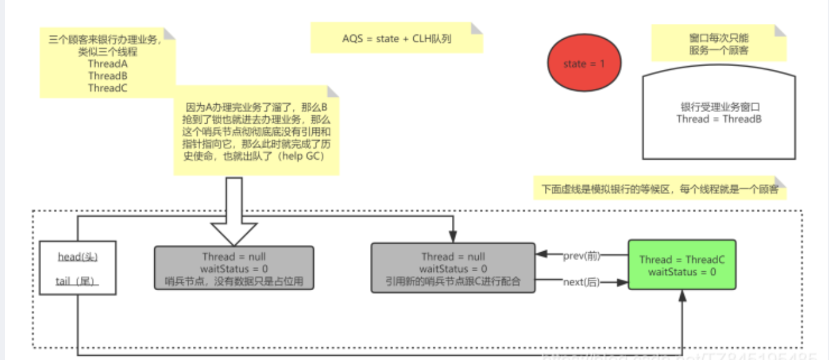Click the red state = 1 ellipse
pyautogui.click(x=584, y=63)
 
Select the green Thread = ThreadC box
pyautogui.click(x=681, y=265)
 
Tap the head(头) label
pyautogui.click(x=78, y=257)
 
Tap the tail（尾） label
pyautogui.click(x=78, y=281)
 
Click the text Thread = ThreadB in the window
pyautogui.click(x=719, y=119)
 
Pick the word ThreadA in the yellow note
pyautogui.click(x=107, y=64)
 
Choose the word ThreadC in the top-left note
pyautogui.click(x=107, y=88)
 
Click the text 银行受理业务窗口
pyautogui.click(x=719, y=107)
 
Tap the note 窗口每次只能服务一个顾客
pyautogui.click(x=719, y=43)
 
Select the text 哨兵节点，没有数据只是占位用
pyautogui.click(x=234, y=282)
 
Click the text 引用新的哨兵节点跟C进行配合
pyautogui.click(x=453, y=282)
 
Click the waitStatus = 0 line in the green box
pyautogui.click(x=681, y=272)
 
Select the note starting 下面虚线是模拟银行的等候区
pyautogui.click(x=660, y=189)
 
